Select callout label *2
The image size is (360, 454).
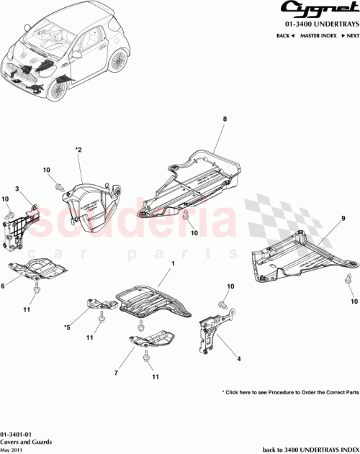point(79,150)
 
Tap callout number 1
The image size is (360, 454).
point(173,265)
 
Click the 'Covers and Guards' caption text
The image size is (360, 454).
point(22,442)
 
